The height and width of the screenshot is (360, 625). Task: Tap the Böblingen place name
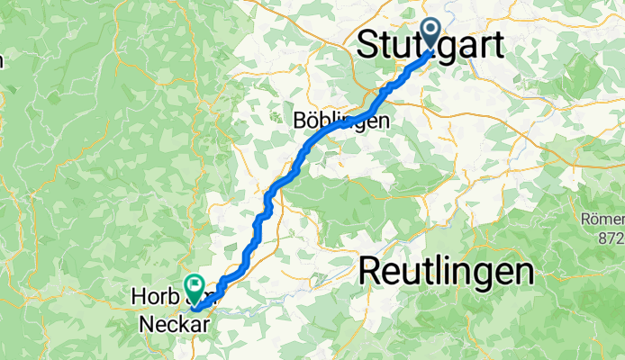coord(341,120)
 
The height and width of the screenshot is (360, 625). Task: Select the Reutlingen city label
coord(446,270)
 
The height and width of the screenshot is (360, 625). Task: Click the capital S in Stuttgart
coord(369,45)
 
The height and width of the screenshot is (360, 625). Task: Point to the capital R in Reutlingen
coord(372,270)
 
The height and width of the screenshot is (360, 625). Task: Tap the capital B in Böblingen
coord(301,120)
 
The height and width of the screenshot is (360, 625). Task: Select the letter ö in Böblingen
coord(312,120)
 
